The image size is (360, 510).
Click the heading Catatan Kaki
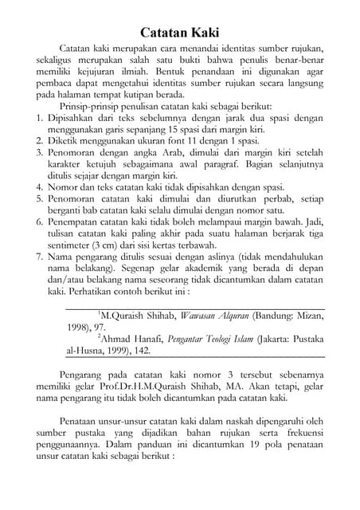180,33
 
